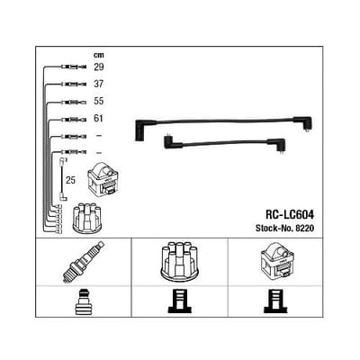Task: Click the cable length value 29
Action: click(99, 67)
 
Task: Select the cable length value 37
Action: click(99, 84)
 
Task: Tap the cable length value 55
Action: click(99, 101)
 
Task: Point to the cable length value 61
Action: click(98, 119)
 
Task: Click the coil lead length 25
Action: click(70, 180)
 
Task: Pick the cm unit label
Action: click(98, 55)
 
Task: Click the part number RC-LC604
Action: click(290, 215)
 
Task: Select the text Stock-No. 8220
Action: click(284, 229)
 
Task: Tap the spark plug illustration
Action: click(85, 262)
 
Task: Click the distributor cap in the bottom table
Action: click(180, 260)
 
